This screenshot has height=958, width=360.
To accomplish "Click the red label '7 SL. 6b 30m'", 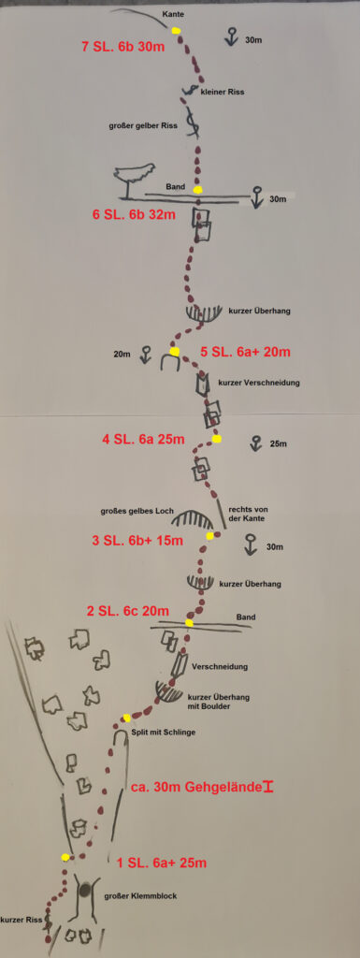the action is point(123,47).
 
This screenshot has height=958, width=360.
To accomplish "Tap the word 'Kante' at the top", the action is point(173,13).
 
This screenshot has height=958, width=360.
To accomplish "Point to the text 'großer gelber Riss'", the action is point(142,126).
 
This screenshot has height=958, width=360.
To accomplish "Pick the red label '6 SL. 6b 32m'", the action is point(134,214).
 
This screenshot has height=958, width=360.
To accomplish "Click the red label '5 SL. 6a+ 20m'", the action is point(245,352).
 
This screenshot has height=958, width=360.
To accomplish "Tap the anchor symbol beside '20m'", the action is point(145,355).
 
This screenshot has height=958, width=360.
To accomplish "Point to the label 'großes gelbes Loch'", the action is point(137,510).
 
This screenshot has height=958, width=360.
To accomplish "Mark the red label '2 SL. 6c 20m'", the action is point(127,611).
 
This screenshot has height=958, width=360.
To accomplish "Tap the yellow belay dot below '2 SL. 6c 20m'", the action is point(189,623).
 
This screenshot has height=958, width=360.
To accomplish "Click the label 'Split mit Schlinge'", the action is point(164,733).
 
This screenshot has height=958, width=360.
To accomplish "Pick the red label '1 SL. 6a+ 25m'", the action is point(162,864).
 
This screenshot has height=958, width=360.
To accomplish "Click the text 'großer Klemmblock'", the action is point(140,896).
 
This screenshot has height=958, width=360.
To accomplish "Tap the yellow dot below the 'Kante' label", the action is point(177,31).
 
